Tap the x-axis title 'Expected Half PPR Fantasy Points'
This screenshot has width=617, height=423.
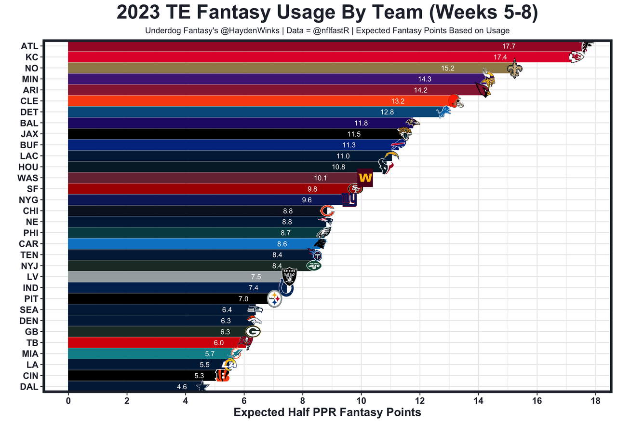tap(327, 412)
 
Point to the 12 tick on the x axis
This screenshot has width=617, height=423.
tap(419, 400)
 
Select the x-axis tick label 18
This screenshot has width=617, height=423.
tap(595, 400)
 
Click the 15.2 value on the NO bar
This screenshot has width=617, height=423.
tap(448, 69)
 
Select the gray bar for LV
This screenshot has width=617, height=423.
tap(169, 277)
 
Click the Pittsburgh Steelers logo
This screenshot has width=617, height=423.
tap(274, 299)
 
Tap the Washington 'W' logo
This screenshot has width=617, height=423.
tap(365, 178)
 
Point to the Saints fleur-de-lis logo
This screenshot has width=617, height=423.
tap(514, 68)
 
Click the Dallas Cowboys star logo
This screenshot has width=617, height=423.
tap(203, 386)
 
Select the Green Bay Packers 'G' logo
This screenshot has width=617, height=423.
tap(253, 332)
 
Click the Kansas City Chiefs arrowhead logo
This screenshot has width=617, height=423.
tap(577, 57)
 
